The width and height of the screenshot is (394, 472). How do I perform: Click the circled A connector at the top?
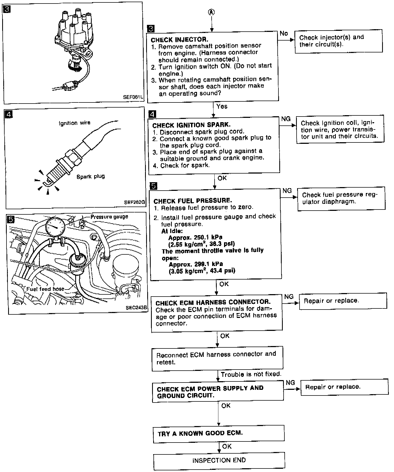[x=212, y=12]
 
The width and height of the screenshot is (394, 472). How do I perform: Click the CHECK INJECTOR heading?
[x=179, y=40]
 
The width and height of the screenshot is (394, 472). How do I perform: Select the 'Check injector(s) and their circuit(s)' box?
[x=338, y=41]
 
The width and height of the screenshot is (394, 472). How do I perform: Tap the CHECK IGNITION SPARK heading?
[x=191, y=125]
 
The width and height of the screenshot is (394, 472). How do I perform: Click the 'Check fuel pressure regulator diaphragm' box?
[x=341, y=198]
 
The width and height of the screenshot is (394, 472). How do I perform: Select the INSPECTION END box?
[x=219, y=460]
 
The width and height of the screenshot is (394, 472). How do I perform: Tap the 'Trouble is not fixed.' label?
[x=251, y=374]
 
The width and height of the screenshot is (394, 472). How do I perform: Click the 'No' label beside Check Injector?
[x=284, y=34]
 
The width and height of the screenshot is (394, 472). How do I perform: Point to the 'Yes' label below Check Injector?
[x=222, y=107]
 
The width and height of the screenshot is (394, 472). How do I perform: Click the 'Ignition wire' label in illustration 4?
[x=75, y=123]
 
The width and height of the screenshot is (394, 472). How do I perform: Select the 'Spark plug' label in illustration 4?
[x=91, y=177]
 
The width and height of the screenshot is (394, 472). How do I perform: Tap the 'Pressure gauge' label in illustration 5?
[x=109, y=217]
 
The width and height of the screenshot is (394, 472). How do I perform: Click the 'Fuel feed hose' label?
[x=45, y=289]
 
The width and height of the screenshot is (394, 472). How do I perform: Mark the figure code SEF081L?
[x=133, y=97]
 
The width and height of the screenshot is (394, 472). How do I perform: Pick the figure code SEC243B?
[x=136, y=307]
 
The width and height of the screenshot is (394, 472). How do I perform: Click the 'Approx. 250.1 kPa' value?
[x=195, y=237]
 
